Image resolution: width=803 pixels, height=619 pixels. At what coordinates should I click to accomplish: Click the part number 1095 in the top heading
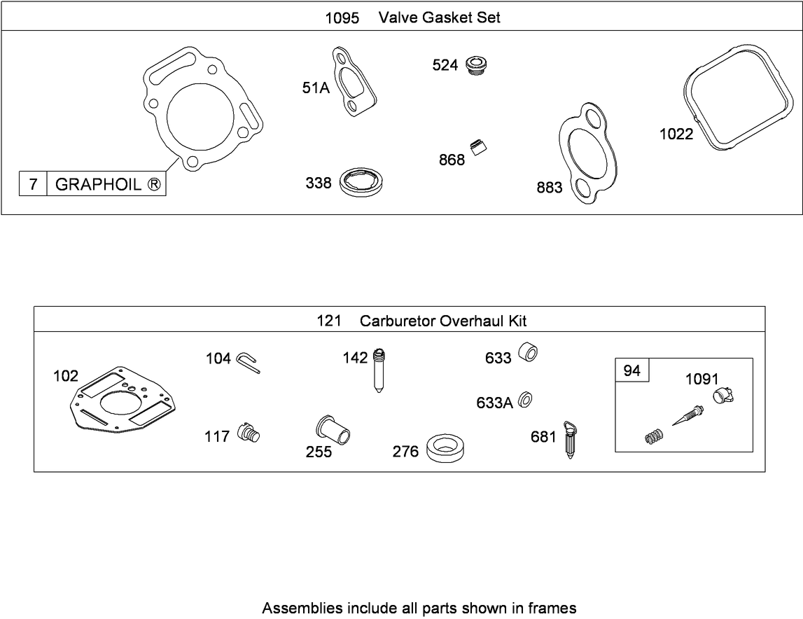[342, 18]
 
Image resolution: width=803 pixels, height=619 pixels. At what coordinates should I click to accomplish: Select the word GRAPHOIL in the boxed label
[98, 184]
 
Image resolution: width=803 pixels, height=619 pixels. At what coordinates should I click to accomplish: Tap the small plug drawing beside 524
[477, 66]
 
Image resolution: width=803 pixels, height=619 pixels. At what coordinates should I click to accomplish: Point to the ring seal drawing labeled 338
[362, 181]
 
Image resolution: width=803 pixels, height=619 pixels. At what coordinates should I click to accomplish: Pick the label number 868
[452, 160]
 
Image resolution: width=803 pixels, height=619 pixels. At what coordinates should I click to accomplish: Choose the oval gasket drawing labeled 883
[587, 153]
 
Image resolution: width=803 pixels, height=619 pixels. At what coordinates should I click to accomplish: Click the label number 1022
[676, 134]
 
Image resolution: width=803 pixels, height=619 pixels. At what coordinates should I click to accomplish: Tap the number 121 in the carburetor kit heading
[329, 321]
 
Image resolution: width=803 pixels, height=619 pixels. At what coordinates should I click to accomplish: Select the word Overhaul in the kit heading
[472, 321]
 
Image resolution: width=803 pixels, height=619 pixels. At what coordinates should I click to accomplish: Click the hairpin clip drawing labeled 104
[249, 361]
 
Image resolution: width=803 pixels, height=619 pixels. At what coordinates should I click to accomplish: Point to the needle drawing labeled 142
[379, 370]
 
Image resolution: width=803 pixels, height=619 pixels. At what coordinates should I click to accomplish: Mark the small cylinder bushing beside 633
[527, 353]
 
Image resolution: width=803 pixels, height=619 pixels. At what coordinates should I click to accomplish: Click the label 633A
[494, 403]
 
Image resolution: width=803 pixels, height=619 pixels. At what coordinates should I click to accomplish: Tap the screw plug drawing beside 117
[249, 432]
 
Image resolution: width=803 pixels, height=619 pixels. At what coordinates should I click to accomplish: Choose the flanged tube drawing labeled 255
[333, 429]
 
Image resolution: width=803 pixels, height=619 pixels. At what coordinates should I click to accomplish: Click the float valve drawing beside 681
[569, 439]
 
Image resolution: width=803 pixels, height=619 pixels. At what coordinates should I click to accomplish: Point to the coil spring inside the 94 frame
[652, 437]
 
